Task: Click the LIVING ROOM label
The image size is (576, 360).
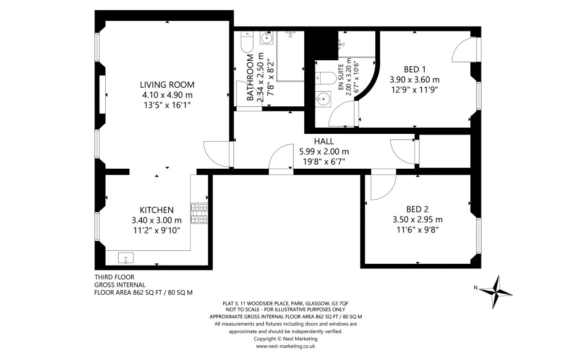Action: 167,84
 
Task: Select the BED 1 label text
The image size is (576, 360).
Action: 415,69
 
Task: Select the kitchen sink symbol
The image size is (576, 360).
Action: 126,258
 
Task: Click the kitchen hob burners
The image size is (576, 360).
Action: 199,213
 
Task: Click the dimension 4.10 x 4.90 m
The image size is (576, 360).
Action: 167,94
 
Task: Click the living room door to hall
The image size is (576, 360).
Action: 217,153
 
